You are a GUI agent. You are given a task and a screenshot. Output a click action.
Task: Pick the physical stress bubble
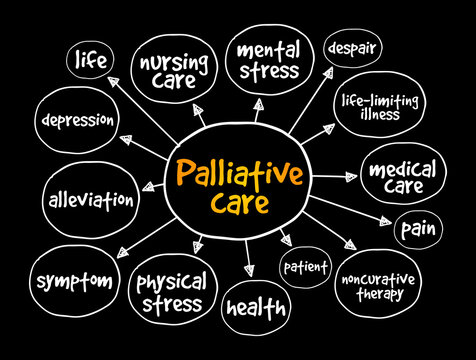coord(172,290)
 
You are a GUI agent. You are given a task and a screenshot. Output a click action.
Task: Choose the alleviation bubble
coord(91,200)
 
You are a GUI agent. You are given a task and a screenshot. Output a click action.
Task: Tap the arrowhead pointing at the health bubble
coord(248,272)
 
